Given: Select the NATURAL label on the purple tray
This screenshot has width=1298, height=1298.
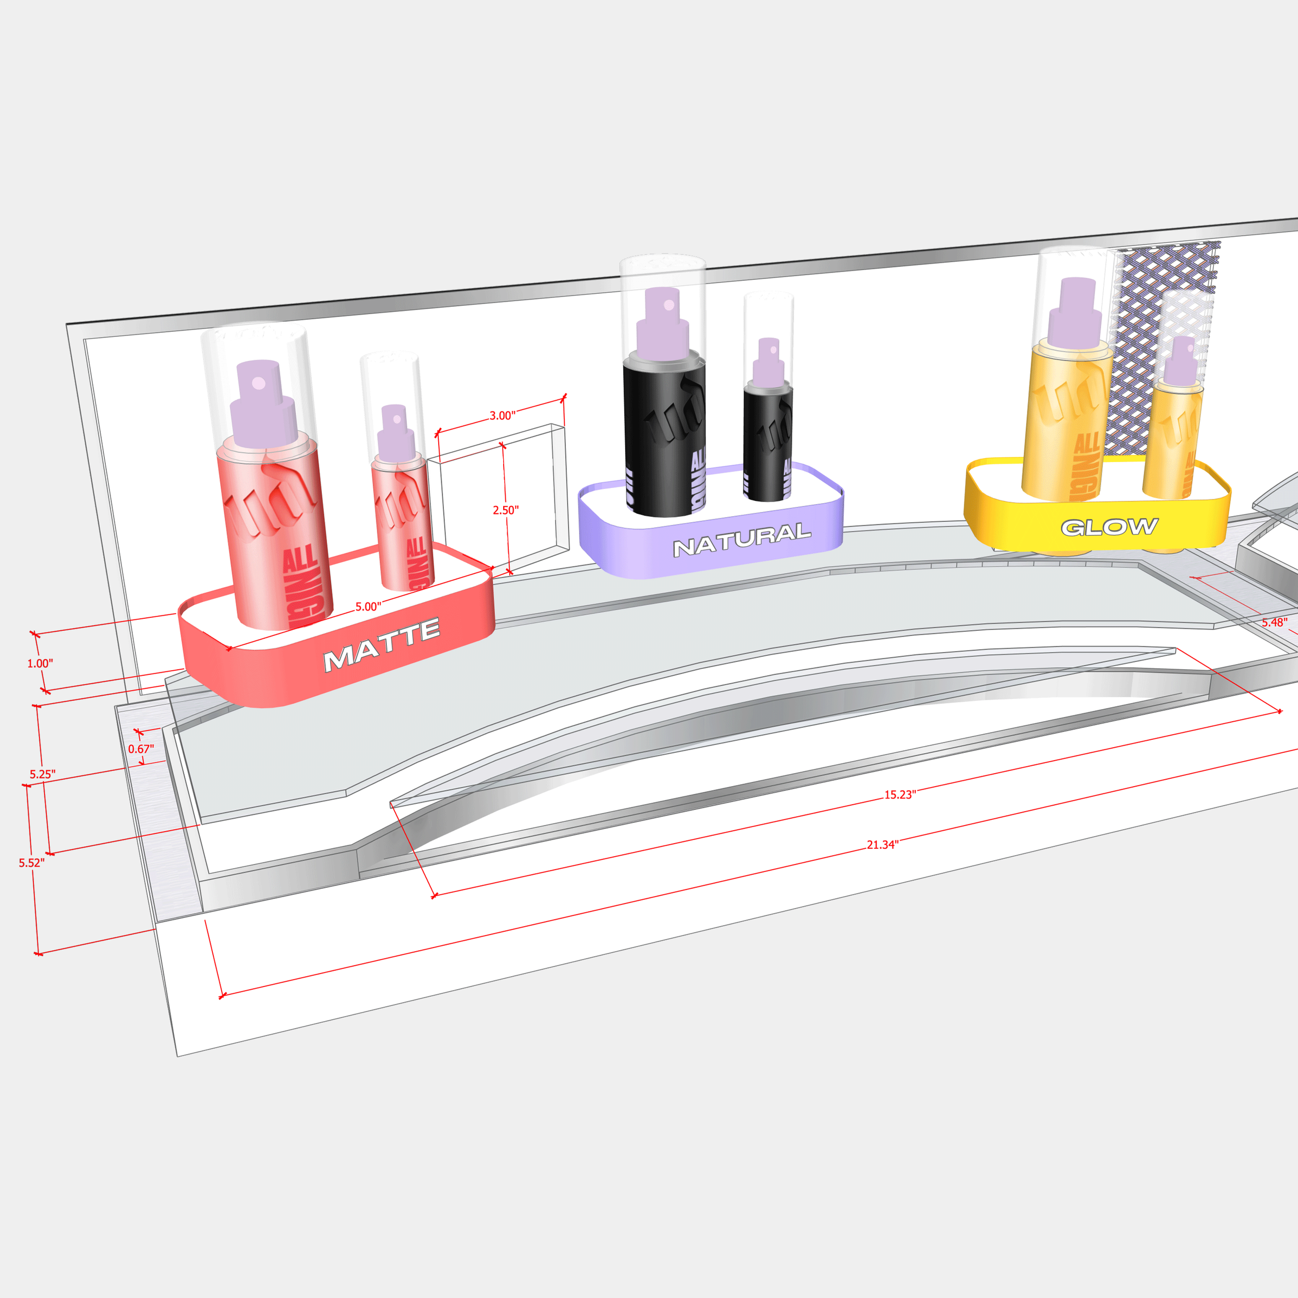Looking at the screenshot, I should point(742,540).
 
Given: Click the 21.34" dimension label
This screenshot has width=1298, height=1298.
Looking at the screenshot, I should point(882,845).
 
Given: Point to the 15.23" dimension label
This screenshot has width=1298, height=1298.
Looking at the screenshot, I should point(900,795).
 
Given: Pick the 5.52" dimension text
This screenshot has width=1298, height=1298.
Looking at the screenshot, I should point(32,862).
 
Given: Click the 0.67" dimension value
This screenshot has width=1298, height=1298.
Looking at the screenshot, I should point(141,749).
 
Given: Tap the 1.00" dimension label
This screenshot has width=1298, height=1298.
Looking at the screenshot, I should point(39,663).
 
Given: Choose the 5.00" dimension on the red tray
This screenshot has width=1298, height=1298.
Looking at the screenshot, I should point(368,606).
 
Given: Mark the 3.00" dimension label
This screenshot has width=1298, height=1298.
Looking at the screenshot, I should point(502,416).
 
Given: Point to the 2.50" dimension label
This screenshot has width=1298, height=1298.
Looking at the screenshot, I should point(505,510).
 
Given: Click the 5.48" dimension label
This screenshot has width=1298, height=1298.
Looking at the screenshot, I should point(1274,622).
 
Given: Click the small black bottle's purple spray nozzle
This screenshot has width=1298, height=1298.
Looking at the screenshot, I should point(768,363).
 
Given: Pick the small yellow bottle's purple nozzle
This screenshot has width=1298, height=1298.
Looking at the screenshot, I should point(1181,363).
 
